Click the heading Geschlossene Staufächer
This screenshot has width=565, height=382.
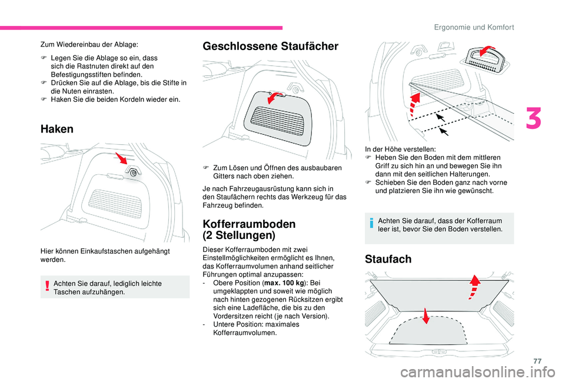point(270,46)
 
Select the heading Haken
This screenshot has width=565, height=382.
point(56,129)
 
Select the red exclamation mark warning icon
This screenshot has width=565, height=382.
point(47,287)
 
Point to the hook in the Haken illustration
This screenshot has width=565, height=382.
point(134,172)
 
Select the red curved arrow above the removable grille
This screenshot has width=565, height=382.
point(274,95)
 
